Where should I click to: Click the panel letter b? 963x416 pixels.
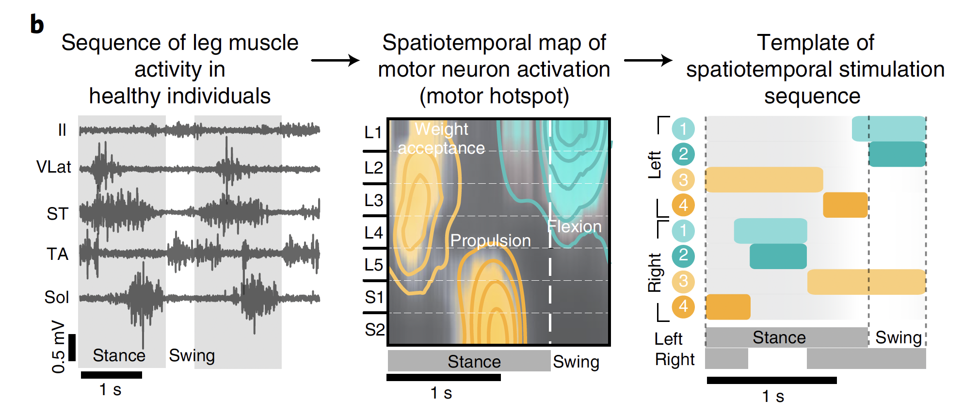[x=37, y=24]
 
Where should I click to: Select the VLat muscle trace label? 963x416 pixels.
[x=53, y=167]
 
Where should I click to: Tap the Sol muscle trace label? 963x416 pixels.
[x=57, y=297]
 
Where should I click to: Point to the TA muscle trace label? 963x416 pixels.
[x=57, y=254]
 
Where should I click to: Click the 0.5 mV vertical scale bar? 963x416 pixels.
[x=72, y=347]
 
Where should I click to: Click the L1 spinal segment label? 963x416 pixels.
[x=373, y=132]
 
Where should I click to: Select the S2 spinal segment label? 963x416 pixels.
[x=374, y=330]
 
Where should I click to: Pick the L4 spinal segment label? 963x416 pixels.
[x=373, y=233]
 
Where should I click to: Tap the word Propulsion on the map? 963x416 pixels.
[x=490, y=240]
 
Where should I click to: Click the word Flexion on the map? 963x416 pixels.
[x=574, y=226]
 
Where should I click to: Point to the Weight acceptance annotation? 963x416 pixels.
[x=441, y=139]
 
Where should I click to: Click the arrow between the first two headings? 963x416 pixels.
[x=335, y=61]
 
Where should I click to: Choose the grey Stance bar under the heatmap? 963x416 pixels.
[x=469, y=361]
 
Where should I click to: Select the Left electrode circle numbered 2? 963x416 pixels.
[x=683, y=154]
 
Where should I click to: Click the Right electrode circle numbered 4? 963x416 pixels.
[x=683, y=306]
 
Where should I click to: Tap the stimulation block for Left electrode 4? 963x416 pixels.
[x=845, y=205]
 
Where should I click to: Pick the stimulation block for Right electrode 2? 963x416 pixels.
[x=778, y=256]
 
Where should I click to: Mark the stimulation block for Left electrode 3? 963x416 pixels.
[x=764, y=179]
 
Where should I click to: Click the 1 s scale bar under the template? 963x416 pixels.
[x=771, y=380]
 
